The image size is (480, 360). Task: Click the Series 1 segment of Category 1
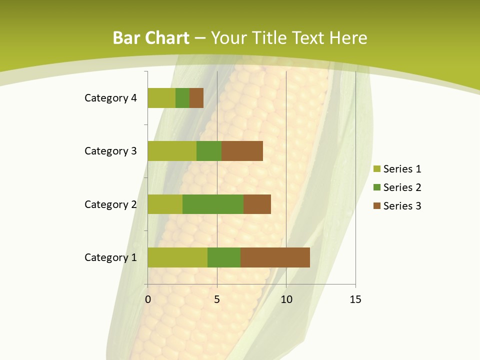click(x=177, y=257)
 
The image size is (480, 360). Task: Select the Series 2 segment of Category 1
click(x=224, y=257)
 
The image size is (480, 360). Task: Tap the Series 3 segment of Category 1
click(x=275, y=257)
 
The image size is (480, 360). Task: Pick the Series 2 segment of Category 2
click(x=213, y=204)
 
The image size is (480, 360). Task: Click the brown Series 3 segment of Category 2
click(x=257, y=204)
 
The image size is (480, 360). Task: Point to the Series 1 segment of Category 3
click(x=172, y=151)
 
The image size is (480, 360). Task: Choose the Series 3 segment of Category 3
click(x=242, y=151)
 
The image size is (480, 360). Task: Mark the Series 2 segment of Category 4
click(x=182, y=98)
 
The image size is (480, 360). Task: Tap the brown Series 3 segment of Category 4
click(x=196, y=98)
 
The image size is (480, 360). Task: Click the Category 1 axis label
click(x=110, y=257)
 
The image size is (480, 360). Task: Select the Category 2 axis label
click(x=110, y=204)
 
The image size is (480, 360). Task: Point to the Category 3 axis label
click(x=110, y=151)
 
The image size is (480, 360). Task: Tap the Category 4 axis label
click(x=110, y=98)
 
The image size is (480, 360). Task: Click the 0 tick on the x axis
click(x=148, y=299)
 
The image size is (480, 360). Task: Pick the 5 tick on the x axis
click(x=217, y=299)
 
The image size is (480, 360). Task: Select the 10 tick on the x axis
click(x=286, y=299)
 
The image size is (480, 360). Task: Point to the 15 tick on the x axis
click(x=355, y=299)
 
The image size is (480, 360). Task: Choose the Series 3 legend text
click(x=402, y=206)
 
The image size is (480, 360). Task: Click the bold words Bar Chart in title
click(x=151, y=38)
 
